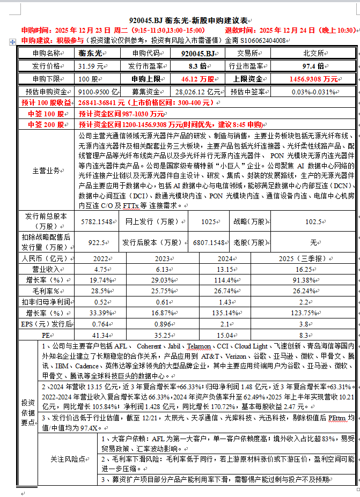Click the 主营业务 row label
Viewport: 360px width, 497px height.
pyautogui.click(x=46, y=170)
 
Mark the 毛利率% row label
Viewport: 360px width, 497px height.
pyautogui.click(x=46, y=291)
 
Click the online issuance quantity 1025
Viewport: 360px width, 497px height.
pyautogui.click(x=209, y=221)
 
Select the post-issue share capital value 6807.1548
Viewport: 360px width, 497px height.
pyautogui.click(x=209, y=242)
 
